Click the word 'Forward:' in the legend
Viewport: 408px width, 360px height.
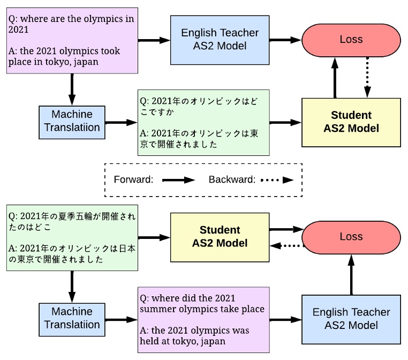(x=133, y=180)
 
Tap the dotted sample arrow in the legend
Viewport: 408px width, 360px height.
(x=277, y=180)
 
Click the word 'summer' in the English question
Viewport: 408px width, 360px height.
(x=157, y=309)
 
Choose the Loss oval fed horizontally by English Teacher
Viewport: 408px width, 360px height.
(x=351, y=40)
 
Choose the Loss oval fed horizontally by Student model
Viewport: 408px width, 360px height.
(x=351, y=237)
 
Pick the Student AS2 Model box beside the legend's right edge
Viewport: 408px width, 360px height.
(x=351, y=122)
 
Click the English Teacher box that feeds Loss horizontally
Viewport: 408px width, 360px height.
(x=220, y=40)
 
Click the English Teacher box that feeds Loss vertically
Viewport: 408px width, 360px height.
(x=351, y=319)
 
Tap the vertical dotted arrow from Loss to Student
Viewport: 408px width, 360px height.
(x=367, y=76)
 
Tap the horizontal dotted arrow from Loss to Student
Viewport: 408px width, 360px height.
(x=286, y=246)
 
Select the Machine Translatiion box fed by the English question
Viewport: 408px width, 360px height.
(x=72, y=121)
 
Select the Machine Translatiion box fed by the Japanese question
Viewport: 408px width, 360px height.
(x=72, y=318)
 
